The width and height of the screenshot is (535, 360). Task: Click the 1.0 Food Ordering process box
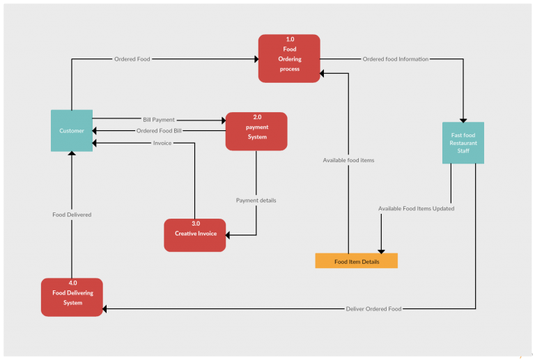[x=289, y=58]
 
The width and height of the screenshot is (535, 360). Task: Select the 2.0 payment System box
[x=256, y=131]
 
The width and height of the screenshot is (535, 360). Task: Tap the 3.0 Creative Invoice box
[x=195, y=235]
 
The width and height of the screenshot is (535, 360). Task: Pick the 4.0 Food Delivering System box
[x=72, y=297]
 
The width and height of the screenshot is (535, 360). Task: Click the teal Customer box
[x=72, y=130]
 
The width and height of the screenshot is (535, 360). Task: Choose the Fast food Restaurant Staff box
[x=463, y=143]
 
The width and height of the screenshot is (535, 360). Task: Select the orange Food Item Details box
[x=357, y=261]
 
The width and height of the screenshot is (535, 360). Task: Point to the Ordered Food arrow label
[x=132, y=59]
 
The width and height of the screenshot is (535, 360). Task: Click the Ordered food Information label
[x=395, y=59]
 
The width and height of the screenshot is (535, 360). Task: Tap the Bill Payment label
[x=159, y=120]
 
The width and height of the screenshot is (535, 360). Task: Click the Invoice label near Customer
[x=162, y=143]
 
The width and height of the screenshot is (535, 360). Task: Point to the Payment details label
[x=256, y=201]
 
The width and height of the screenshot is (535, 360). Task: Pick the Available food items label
[x=348, y=160]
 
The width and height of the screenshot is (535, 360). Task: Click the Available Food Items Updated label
[x=416, y=208]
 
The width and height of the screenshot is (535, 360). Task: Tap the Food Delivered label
[x=72, y=214]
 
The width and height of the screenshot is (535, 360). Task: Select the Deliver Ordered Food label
[x=373, y=308]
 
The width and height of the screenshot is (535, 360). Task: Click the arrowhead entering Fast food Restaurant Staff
[x=463, y=119]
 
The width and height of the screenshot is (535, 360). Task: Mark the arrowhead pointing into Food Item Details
[x=381, y=249]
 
